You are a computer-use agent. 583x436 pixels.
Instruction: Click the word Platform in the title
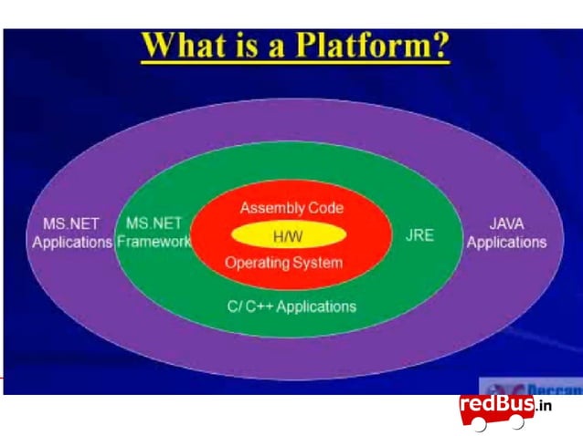pos(366,45)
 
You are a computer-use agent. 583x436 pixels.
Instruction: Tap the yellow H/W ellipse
pos(288,235)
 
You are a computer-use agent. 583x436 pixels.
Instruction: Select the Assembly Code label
pos(291,208)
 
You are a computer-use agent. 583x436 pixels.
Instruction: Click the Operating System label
pos(283,263)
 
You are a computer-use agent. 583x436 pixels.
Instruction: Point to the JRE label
pos(419,235)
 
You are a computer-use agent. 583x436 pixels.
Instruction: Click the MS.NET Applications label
pos(71,233)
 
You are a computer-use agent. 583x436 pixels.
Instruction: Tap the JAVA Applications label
pos(506,233)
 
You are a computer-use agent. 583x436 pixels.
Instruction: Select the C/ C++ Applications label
pos(291,306)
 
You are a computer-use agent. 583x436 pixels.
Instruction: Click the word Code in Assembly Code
pos(325,208)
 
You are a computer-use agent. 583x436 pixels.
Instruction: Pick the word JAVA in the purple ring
pos(506,223)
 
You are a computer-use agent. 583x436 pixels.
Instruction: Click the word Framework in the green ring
pos(154,243)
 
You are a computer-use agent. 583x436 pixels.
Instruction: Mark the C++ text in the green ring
pos(258,306)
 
